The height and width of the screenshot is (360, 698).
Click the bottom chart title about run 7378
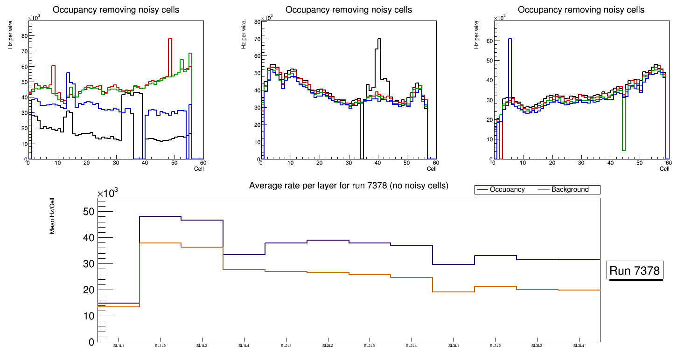pyautogui.click(x=349, y=186)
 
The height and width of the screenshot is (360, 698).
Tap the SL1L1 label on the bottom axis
pyautogui.click(x=119, y=346)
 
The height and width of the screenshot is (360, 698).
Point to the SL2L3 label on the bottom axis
pyautogui.click(x=370, y=346)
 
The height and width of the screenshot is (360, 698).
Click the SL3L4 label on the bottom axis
pyautogui.click(x=579, y=346)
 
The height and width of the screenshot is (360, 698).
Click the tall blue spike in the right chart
pyautogui.click(x=510, y=40)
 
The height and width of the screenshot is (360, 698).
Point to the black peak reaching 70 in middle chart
pyautogui.click(x=379, y=39)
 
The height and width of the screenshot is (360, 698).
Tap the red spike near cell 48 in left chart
pyautogui.click(x=170, y=39)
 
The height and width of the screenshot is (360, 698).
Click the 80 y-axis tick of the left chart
pyautogui.click(x=23, y=35)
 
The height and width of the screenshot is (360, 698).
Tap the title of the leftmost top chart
pyautogui.click(x=116, y=10)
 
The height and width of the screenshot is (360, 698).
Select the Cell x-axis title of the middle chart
pyautogui.click(x=432, y=168)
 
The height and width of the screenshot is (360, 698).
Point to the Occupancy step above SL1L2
pyautogui.click(x=160, y=216)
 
